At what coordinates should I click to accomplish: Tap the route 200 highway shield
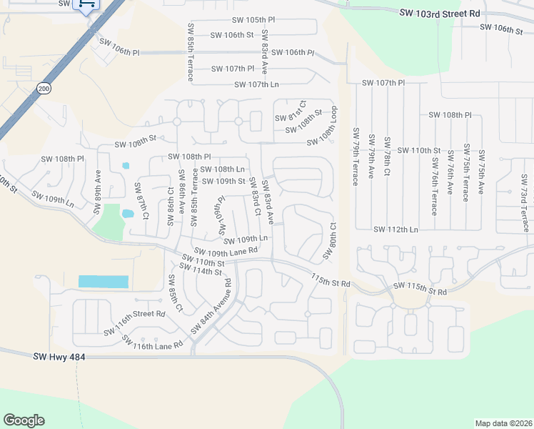tap(44, 87)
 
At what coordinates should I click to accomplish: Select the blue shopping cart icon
tap(86, 4)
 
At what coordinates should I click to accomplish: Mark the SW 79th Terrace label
tap(355, 157)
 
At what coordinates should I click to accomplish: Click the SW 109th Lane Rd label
tap(226, 251)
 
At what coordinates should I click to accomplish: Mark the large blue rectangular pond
tap(103, 282)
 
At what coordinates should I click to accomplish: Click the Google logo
tap(24, 420)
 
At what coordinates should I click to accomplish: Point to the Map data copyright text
tap(503, 423)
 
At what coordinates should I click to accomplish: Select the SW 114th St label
tap(201, 272)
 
